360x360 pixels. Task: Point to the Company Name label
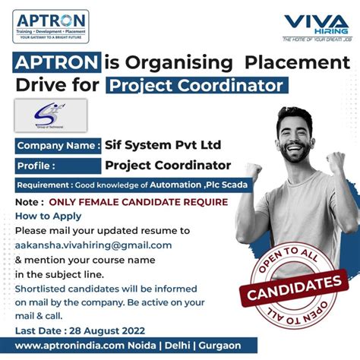tap(58, 145)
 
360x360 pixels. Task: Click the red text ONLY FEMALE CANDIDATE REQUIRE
tap(137, 202)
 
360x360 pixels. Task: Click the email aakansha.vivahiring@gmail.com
tap(93, 245)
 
